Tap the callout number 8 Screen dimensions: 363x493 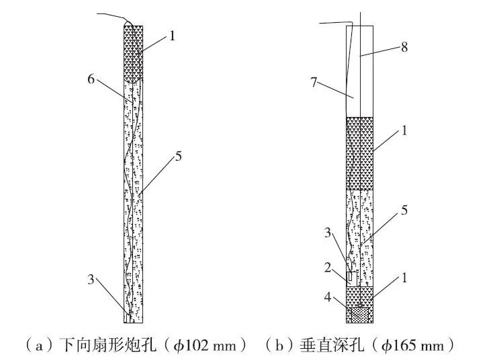tap(404, 47)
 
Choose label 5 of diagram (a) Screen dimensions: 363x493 tap(178, 156)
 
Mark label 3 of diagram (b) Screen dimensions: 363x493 tap(328, 233)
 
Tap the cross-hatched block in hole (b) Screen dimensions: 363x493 tap(360, 314)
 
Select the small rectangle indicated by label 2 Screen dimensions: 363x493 tap(351, 276)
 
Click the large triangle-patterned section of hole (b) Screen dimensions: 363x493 tap(360, 153)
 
